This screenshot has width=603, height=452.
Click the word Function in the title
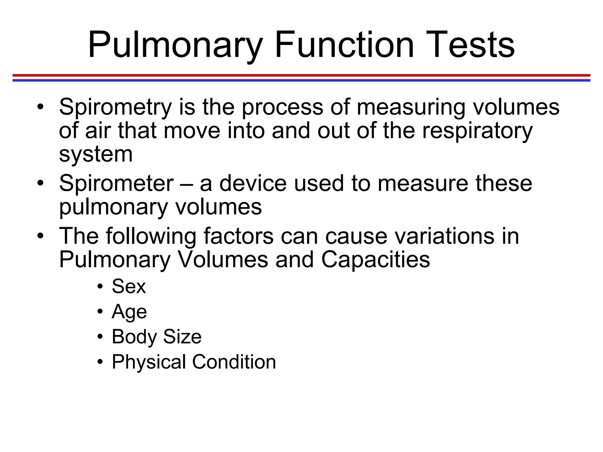click(x=344, y=45)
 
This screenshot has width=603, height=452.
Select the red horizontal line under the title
click(x=301, y=75)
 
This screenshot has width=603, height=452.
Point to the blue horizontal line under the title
click(x=301, y=80)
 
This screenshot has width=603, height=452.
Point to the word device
click(x=253, y=184)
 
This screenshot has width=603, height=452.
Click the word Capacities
click(x=375, y=260)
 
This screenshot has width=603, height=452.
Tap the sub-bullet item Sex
click(x=129, y=286)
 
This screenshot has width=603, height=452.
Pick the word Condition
click(x=234, y=362)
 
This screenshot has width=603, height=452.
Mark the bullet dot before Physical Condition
click(x=100, y=362)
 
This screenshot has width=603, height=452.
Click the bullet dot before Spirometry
click(x=40, y=107)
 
